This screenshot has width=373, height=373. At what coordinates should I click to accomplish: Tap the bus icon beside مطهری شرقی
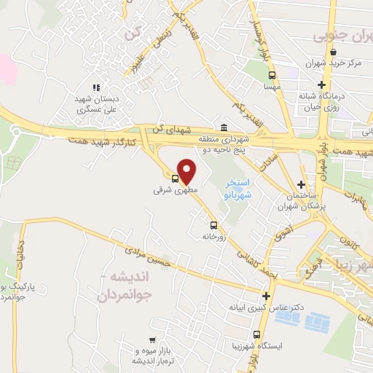[176, 178]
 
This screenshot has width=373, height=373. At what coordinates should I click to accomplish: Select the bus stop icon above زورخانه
[213, 226]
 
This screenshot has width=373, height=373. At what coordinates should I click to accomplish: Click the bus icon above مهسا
[272, 75]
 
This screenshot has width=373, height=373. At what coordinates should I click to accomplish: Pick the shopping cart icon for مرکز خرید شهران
[332, 52]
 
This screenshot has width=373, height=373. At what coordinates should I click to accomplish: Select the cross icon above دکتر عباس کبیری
[266, 297]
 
